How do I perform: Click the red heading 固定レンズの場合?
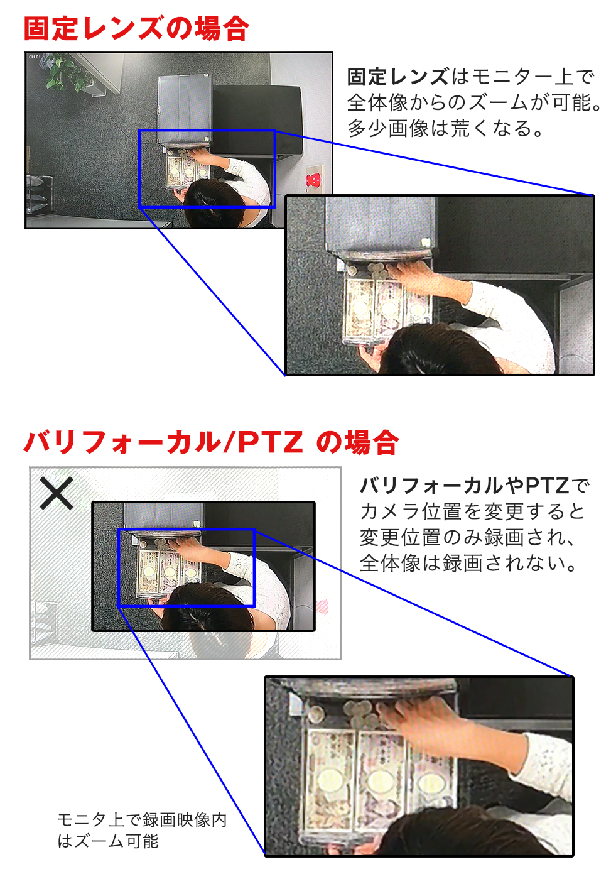[136, 29]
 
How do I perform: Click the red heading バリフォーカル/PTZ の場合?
[211, 442]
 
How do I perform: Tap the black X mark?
[57, 493]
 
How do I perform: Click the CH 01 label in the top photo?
[35, 57]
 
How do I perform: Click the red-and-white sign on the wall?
[313, 180]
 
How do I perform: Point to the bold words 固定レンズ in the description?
[397, 77]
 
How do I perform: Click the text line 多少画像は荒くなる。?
[446, 128]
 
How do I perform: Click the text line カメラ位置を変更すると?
[472, 511]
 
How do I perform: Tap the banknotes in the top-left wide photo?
[188, 172]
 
